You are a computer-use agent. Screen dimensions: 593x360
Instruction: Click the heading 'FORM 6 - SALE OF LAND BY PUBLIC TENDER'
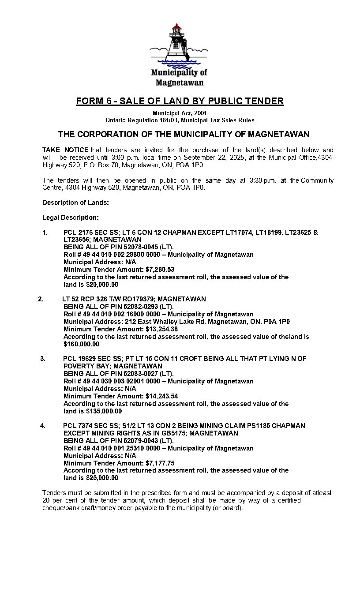[x=180, y=101]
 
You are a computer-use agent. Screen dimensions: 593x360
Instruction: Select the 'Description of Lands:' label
[x=75, y=203]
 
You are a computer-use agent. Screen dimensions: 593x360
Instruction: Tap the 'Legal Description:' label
[x=71, y=218]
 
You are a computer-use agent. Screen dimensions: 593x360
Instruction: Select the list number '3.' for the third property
[x=43, y=359]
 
